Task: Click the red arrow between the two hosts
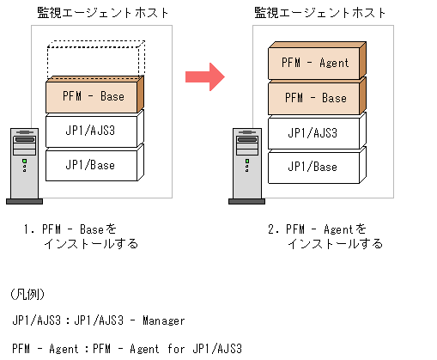click(204, 77)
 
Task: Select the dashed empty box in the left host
click(94, 60)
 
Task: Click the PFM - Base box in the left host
click(94, 96)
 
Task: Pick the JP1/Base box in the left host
click(93, 164)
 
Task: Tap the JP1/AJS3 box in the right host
click(315, 132)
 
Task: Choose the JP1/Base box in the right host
click(315, 167)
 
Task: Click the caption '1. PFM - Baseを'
click(76, 229)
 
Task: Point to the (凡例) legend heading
click(28, 294)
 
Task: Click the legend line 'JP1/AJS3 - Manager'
click(99, 320)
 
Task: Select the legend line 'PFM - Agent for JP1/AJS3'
click(127, 349)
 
